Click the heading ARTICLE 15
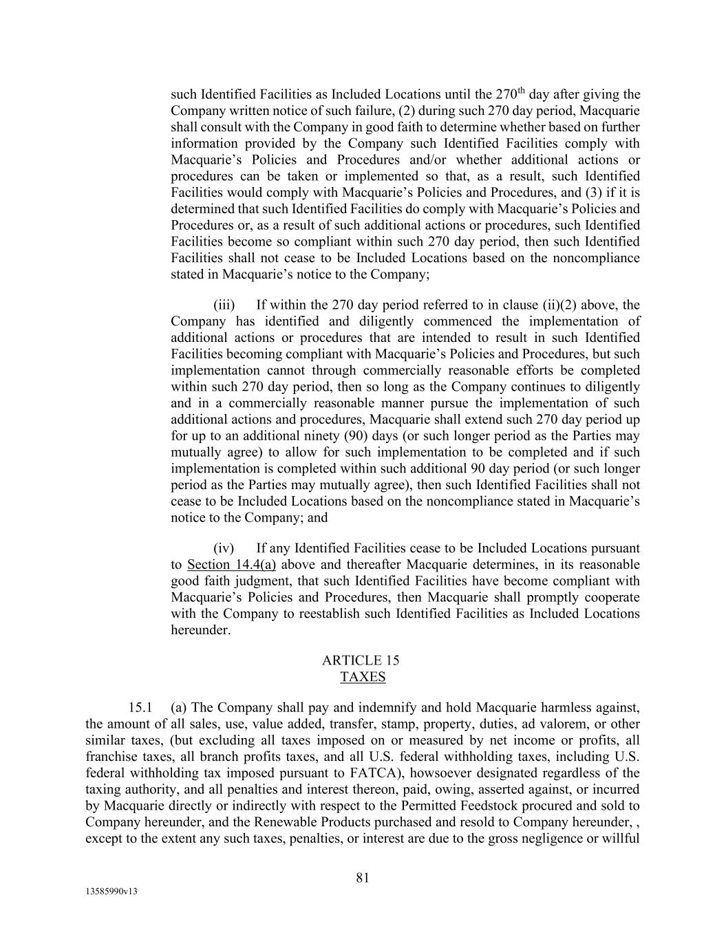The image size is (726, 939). tap(361, 660)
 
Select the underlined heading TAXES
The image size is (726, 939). tap(363, 677)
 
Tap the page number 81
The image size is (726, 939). tap(363, 878)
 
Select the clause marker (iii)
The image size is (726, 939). tap(224, 305)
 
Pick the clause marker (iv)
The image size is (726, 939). tap(224, 548)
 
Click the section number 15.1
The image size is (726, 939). tap(140, 707)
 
